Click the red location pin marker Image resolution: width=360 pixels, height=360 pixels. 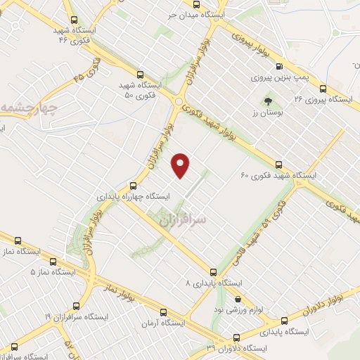pyautogui.click(x=181, y=165)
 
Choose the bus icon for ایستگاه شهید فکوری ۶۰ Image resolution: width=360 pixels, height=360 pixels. pyautogui.click(x=279, y=163)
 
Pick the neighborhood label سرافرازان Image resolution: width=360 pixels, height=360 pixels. pyautogui.click(x=184, y=220)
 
